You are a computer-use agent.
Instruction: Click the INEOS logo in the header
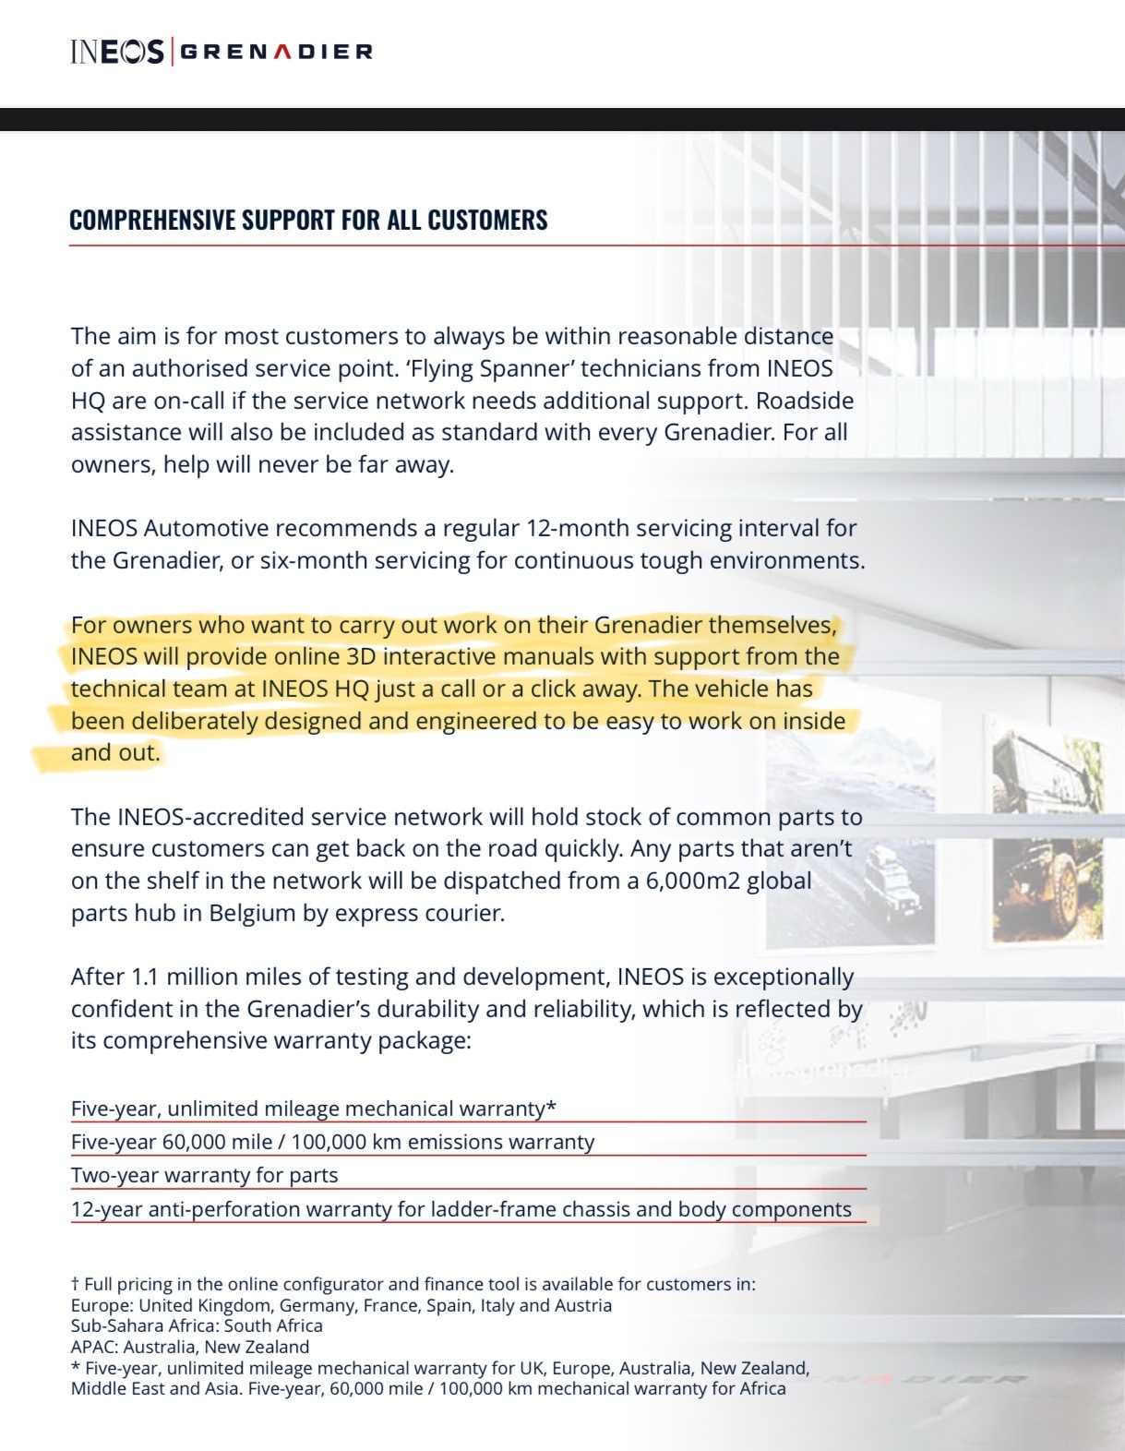pos(116,51)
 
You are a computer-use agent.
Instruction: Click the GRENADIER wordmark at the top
pos(275,52)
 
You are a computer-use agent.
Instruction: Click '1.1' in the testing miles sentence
pos(145,977)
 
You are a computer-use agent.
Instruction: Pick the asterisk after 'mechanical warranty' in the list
pos(551,1107)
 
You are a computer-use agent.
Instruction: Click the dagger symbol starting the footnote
pos(75,1284)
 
